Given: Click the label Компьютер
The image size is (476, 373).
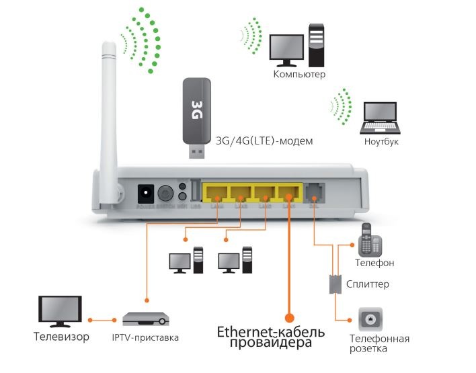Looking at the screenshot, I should (x=299, y=74).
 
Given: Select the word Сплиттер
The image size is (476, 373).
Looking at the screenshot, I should (x=368, y=284).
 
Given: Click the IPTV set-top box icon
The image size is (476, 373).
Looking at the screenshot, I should (x=146, y=319).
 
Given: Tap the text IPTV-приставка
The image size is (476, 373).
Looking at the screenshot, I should (x=146, y=337).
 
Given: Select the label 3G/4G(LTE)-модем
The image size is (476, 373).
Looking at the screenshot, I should (x=264, y=142).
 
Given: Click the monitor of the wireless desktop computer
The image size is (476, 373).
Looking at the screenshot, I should (x=286, y=48).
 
